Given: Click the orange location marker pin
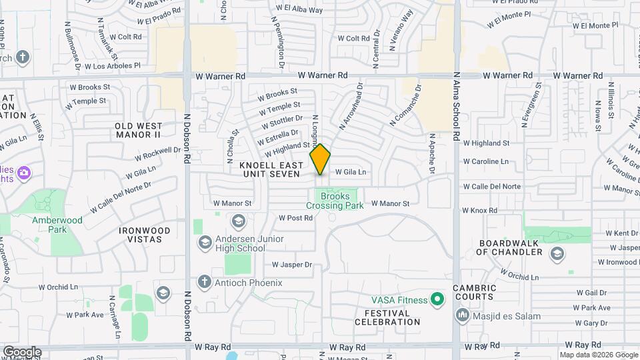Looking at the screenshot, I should coord(321,159).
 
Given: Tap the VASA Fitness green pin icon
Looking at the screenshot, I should coord(437,299).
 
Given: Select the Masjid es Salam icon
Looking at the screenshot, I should coord(462,314).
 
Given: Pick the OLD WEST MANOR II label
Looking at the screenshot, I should coord(138,130).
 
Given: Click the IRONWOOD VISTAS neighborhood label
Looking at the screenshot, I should coord(145,235).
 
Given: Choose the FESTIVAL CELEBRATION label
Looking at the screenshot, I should coord(392,317).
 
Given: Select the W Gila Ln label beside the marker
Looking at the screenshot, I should coord(351,172).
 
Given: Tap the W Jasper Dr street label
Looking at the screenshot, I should coord(292,265).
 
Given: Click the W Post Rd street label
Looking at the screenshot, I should coord(295,218).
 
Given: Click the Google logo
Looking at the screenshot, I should coord(22,352).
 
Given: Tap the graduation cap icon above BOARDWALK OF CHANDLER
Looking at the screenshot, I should coord(557,253).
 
